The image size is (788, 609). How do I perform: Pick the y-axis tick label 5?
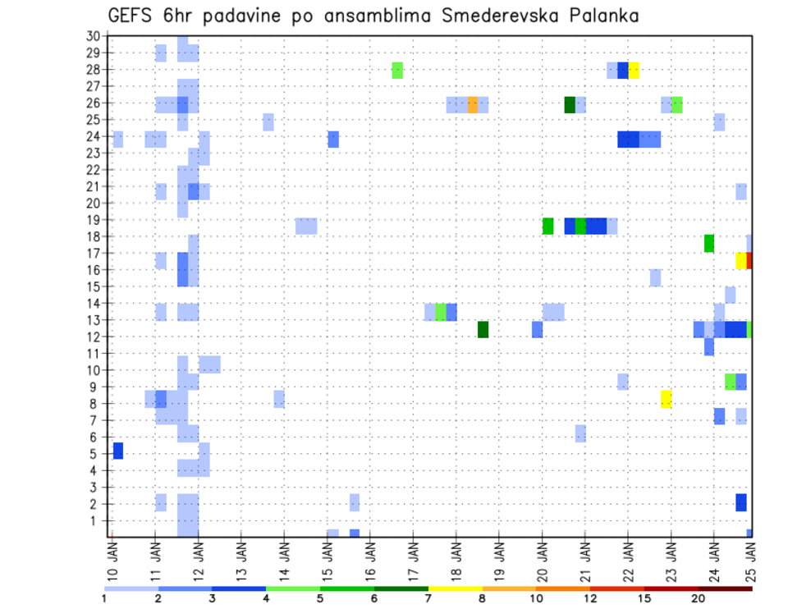[x=96, y=453]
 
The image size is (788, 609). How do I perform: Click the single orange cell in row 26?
[x=473, y=104]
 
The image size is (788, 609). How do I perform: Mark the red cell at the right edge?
[x=749, y=260]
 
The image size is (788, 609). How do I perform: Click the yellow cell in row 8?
[x=666, y=399]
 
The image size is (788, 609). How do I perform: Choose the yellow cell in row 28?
[x=634, y=71]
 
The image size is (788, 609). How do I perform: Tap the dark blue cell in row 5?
[x=118, y=451]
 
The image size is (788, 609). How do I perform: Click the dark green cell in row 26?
[x=570, y=104]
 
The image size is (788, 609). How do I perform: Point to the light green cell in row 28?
[x=397, y=71]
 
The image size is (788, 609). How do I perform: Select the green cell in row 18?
[x=708, y=243]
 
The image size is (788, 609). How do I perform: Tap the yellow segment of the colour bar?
[x=456, y=588]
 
